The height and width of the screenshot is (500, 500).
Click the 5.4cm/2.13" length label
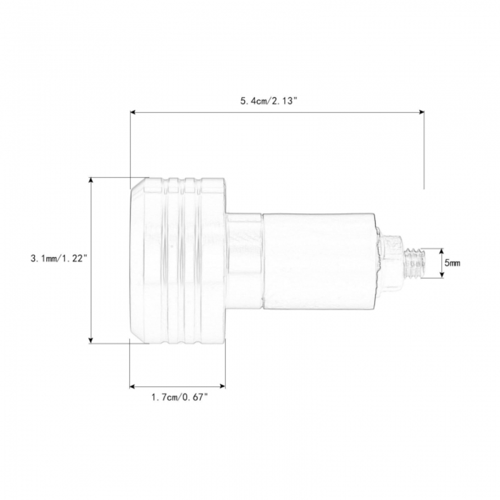[x=269, y=101]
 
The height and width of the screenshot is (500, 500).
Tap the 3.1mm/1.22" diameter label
[x=59, y=258]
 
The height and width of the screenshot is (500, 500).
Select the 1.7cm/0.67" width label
[x=180, y=397]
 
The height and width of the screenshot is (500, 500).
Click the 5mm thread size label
[x=452, y=263]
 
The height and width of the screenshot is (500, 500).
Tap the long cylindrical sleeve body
[x=319, y=261]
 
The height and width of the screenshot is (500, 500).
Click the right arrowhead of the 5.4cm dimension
[x=421, y=112]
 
